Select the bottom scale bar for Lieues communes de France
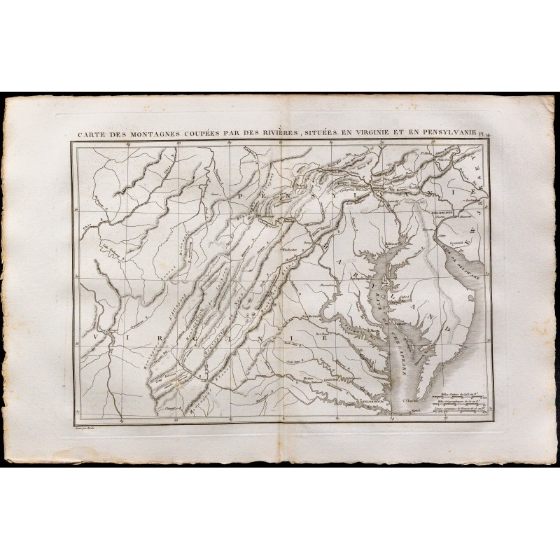pos(458,414)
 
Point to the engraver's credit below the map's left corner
pos(84,426)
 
